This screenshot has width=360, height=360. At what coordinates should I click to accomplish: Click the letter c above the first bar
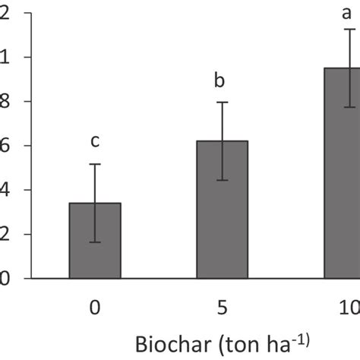click(95, 141)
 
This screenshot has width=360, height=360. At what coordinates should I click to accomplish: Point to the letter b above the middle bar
click(222, 81)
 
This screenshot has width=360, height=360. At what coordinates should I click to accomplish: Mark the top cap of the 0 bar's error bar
click(95, 164)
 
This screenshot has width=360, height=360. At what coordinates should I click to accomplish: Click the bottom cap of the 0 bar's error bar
click(95, 242)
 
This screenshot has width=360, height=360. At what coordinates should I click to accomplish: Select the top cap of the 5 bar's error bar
click(222, 103)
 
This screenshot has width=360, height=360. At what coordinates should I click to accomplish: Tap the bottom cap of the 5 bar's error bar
click(222, 180)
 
